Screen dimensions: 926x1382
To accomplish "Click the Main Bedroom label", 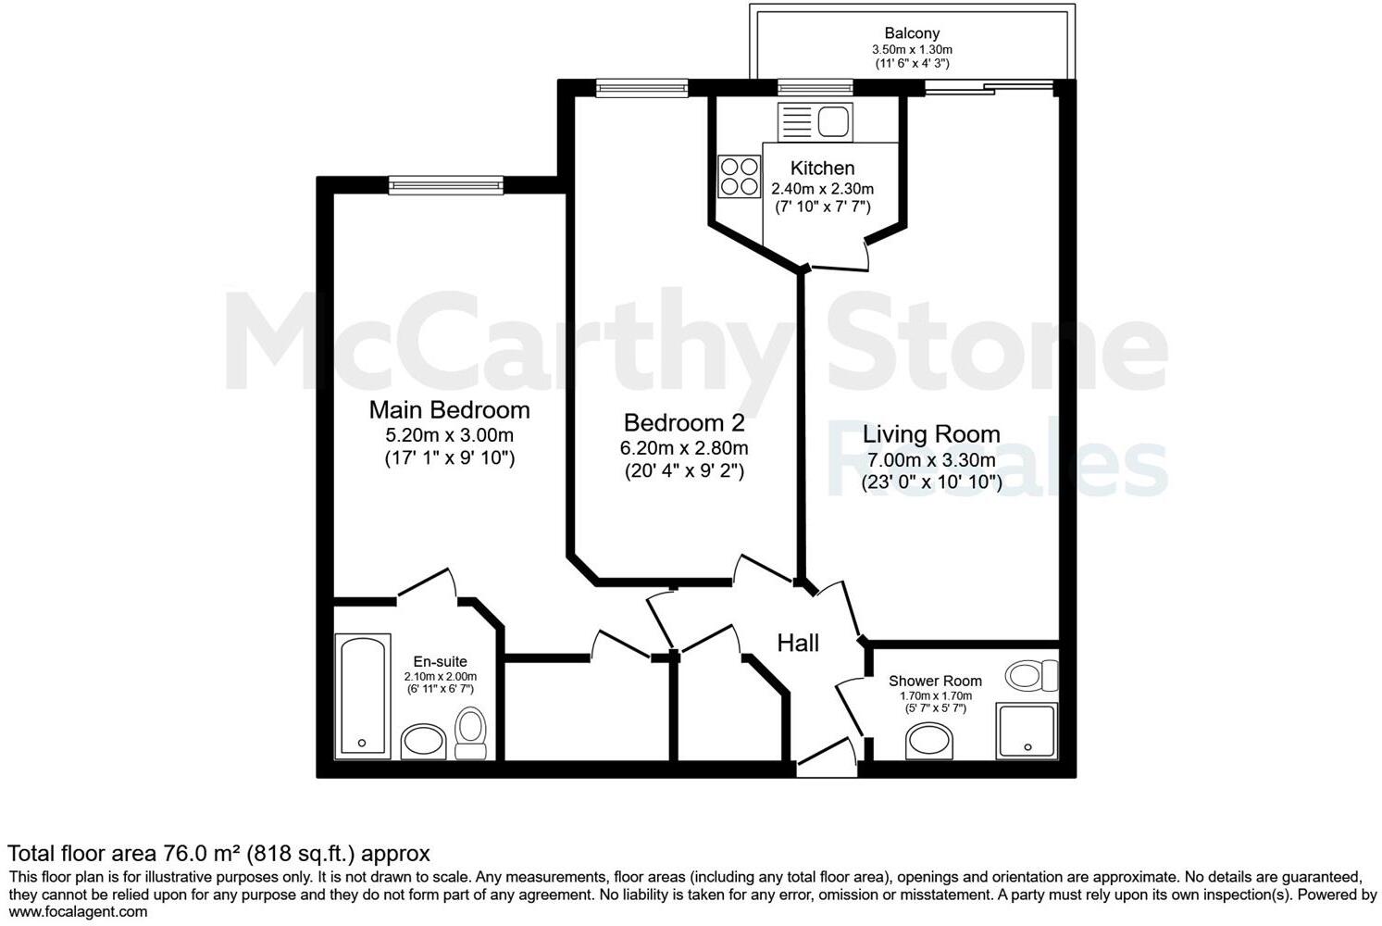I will click(x=449, y=409).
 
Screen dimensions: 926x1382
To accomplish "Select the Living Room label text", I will click(x=931, y=433).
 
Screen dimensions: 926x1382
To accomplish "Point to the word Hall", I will click(x=797, y=643).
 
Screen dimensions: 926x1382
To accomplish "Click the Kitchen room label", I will click(x=822, y=168).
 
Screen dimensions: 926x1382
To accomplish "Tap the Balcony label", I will click(x=912, y=33).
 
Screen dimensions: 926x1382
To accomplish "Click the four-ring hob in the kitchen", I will click(x=739, y=176).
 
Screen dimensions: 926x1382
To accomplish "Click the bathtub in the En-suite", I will click(x=362, y=694).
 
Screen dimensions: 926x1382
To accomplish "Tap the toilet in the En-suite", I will click(x=471, y=733).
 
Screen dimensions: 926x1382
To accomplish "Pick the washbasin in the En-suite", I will click(x=424, y=742).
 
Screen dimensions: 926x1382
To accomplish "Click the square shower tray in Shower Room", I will click(x=1026, y=730).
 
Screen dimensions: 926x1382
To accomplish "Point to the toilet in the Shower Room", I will click(x=1030, y=675).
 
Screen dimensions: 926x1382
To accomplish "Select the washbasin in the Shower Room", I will click(x=928, y=741).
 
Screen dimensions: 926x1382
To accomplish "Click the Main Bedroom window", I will click(x=446, y=185).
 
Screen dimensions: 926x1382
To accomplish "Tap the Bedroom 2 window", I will click(x=641, y=89).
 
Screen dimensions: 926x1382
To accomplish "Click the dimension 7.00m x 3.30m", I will click(x=931, y=460).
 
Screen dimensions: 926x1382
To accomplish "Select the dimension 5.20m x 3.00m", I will click(x=449, y=435).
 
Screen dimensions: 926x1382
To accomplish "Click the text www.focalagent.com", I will click(x=78, y=911).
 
